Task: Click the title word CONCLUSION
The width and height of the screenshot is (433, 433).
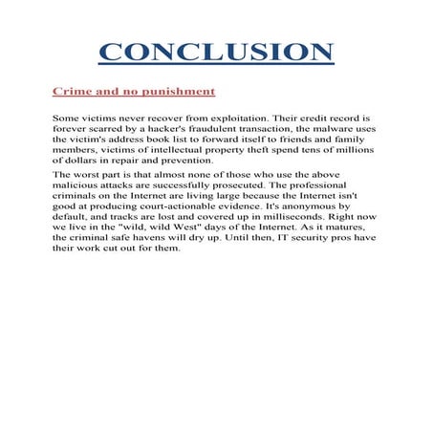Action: click(216, 52)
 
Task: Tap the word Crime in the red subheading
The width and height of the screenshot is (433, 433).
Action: click(73, 92)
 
